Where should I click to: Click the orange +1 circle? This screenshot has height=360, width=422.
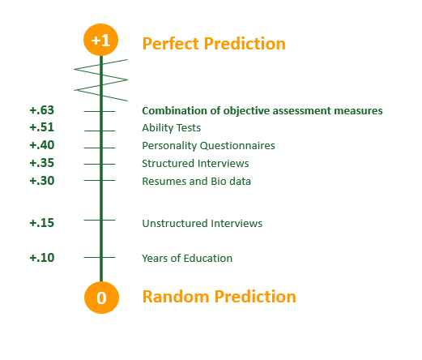[x=100, y=40]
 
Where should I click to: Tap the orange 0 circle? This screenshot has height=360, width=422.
[x=101, y=298]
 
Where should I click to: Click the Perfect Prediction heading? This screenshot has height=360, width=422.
[x=214, y=44]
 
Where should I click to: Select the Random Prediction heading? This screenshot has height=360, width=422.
[x=219, y=297]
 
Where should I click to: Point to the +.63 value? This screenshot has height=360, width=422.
[x=42, y=110]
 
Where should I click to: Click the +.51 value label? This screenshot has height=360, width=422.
[x=42, y=127]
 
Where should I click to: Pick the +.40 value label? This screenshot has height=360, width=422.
[x=42, y=145]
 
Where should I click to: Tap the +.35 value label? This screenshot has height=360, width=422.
[x=42, y=163]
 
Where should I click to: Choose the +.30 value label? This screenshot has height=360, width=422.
[x=42, y=181]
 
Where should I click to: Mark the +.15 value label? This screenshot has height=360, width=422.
[x=42, y=223]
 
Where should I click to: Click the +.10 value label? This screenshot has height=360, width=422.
[x=42, y=257]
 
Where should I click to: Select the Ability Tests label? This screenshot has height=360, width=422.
[x=171, y=128]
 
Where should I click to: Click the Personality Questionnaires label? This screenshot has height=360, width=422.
[x=208, y=146]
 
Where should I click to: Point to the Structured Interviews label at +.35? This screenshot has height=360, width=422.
[x=195, y=163]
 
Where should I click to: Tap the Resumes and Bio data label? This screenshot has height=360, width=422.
[x=196, y=181]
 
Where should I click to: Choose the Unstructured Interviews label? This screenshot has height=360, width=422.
[x=202, y=223]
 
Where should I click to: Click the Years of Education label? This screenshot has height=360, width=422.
[x=187, y=258]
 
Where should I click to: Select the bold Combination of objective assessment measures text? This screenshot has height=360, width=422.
[x=262, y=111]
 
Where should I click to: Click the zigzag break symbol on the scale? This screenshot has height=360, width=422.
[x=101, y=80]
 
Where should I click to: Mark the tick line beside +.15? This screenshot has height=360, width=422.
[x=100, y=220]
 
